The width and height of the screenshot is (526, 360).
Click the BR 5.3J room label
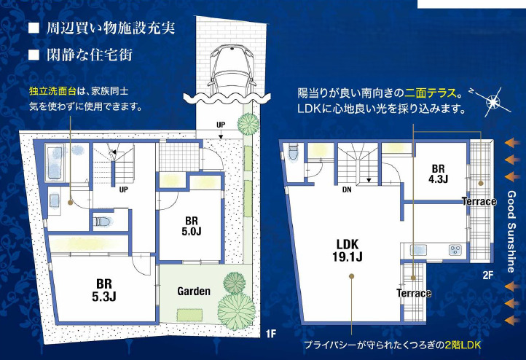[x=104, y=290]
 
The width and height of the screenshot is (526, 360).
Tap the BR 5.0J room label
[x=192, y=226]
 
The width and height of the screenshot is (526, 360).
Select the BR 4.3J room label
[x=438, y=173]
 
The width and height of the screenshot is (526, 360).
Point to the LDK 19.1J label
[x=348, y=250]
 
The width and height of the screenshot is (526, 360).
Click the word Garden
[x=194, y=291]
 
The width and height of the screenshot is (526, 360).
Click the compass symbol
[x=492, y=101]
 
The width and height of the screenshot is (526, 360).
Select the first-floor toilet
[x=103, y=222]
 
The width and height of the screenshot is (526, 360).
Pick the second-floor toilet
[x=293, y=152]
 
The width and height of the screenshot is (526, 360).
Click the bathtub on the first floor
[x=54, y=163]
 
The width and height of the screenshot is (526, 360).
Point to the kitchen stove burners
[x=455, y=250]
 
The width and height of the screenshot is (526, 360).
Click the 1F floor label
[x=270, y=334]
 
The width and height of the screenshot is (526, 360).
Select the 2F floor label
[x=488, y=275]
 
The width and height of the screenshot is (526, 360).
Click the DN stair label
[x=347, y=189]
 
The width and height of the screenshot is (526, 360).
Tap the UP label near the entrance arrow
[x=221, y=125]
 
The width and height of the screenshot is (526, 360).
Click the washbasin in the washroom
[x=55, y=200]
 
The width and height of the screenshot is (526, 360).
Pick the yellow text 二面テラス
[x=431, y=93]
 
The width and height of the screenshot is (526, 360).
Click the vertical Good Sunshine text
[x=511, y=232]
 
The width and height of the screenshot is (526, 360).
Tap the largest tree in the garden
[x=235, y=311]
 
